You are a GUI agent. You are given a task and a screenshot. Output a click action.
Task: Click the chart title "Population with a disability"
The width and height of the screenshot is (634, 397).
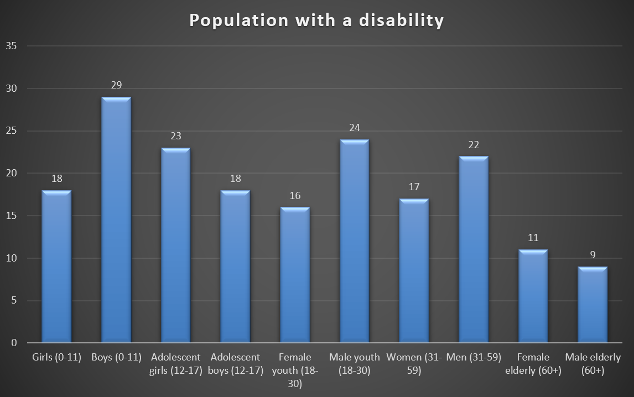(x=316, y=20)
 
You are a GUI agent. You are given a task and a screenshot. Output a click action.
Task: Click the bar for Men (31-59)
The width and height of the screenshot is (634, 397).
(x=473, y=249)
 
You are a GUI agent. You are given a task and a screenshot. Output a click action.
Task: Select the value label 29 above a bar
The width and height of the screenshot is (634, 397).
(x=116, y=85)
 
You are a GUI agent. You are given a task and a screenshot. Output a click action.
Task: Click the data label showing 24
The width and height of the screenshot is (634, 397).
(x=354, y=128)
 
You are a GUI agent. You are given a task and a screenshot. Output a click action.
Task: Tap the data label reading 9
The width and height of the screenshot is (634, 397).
(x=592, y=255)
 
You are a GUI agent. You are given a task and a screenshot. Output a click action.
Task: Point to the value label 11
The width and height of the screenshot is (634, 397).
(x=532, y=238)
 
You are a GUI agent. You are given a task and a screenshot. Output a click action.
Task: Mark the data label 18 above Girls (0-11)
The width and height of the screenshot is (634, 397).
(x=56, y=179)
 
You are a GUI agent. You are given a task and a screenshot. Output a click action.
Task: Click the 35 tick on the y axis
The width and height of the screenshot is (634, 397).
(x=12, y=46)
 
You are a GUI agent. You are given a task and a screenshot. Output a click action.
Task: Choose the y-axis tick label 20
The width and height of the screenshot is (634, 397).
(x=12, y=173)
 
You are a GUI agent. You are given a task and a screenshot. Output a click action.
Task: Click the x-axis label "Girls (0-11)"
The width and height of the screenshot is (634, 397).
(x=56, y=357)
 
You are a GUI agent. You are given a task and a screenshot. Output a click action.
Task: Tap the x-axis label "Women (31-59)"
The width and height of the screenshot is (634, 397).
(x=414, y=363)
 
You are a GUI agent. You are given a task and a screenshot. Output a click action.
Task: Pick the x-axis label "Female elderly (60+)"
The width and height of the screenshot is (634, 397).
(x=533, y=363)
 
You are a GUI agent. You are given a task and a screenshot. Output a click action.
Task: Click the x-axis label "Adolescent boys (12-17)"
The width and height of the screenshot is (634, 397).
(x=235, y=363)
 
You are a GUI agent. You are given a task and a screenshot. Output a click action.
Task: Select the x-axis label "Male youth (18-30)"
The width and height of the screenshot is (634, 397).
(x=354, y=363)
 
